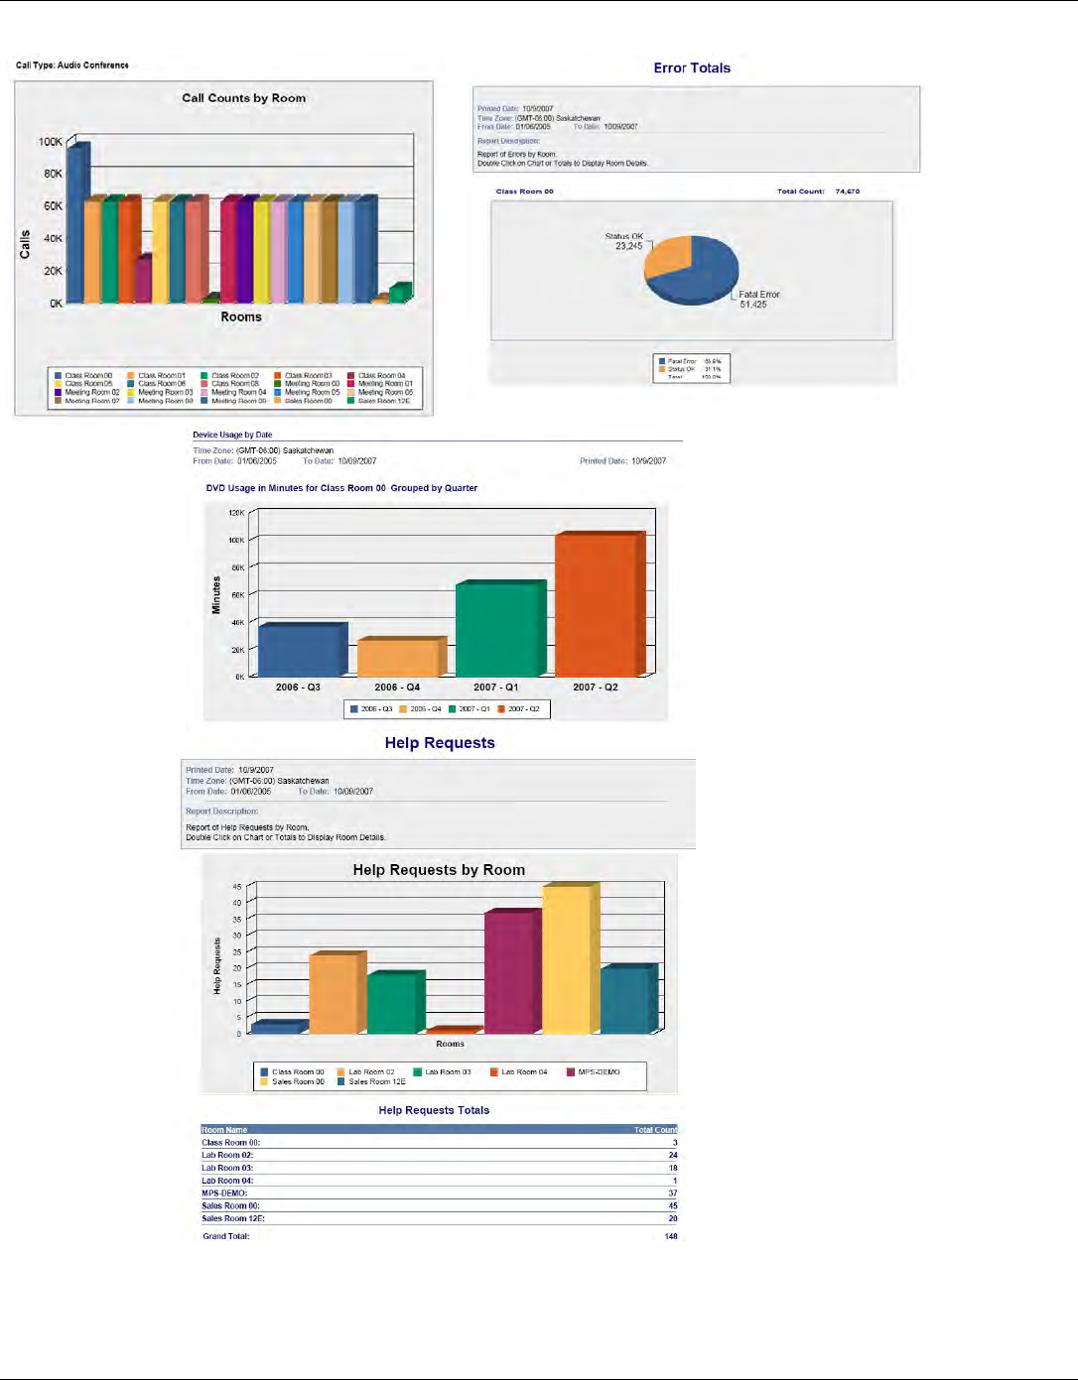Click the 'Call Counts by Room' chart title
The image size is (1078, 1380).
pyautogui.click(x=243, y=98)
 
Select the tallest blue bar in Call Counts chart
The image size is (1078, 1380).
pyautogui.click(x=76, y=223)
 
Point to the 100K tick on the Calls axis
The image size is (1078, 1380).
pyautogui.click(x=50, y=142)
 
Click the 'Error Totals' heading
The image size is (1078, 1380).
pyautogui.click(x=692, y=68)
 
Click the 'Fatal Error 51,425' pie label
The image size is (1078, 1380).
pyautogui.click(x=758, y=300)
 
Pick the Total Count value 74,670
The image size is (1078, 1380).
pyautogui.click(x=847, y=191)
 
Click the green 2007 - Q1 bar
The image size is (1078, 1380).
pyautogui.click(x=498, y=629)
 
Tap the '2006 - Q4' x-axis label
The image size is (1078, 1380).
pyautogui.click(x=397, y=688)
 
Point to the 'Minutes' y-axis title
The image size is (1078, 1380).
pyautogui.click(x=216, y=595)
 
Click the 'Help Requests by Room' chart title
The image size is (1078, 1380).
pyautogui.click(x=439, y=870)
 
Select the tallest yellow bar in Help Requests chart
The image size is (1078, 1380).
pyautogui.click(x=568, y=960)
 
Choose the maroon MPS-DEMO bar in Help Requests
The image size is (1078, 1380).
pyautogui.click(x=510, y=972)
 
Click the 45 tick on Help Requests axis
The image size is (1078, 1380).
pyautogui.click(x=237, y=887)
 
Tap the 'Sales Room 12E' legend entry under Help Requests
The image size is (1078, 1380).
pyautogui.click(x=376, y=1081)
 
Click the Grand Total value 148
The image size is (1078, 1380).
pyautogui.click(x=671, y=1236)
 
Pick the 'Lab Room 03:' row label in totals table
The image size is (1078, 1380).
pyautogui.click(x=227, y=1169)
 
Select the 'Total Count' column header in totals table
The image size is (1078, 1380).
pyautogui.click(x=655, y=1130)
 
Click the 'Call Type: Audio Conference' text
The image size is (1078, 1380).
pyautogui.click(x=72, y=65)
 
